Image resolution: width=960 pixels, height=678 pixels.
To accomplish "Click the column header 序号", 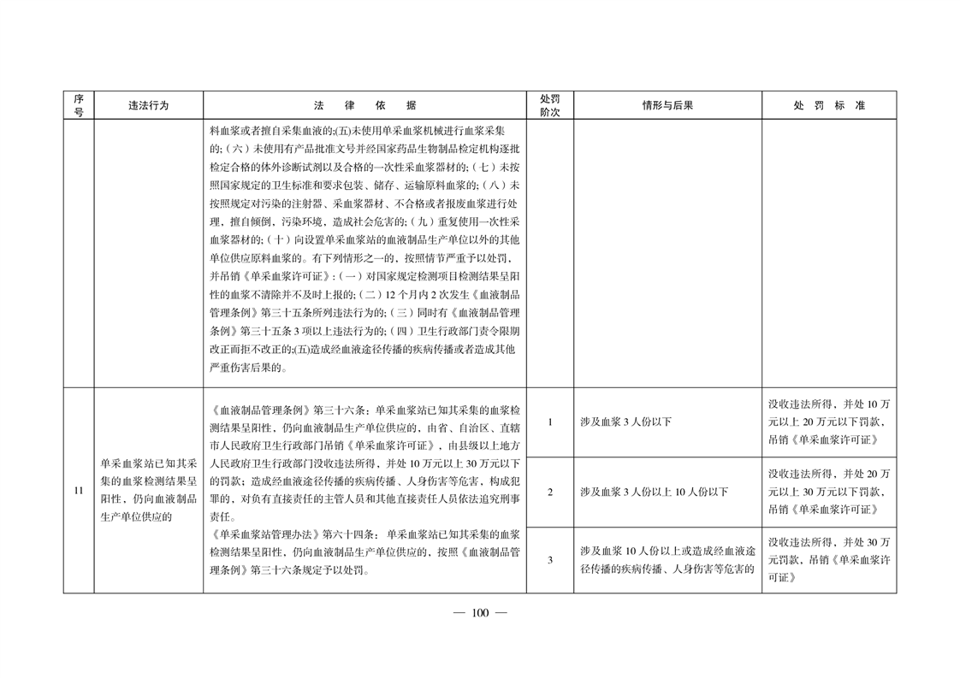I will (x=78, y=105).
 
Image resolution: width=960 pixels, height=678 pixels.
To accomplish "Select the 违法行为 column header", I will (x=149, y=105).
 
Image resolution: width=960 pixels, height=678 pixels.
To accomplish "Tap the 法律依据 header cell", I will (x=364, y=105).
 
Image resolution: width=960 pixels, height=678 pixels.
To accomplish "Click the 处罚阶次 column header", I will (x=549, y=105).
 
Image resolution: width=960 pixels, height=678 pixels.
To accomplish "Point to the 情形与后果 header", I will (x=667, y=105).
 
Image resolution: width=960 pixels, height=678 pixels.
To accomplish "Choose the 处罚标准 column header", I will (x=829, y=105).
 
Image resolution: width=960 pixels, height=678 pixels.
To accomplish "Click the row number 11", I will (x=78, y=491).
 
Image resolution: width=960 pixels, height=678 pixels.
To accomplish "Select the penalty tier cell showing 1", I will (x=549, y=422).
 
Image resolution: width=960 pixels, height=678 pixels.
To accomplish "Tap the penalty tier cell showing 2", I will (x=549, y=492).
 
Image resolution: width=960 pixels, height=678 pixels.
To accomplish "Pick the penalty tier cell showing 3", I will (x=549, y=560).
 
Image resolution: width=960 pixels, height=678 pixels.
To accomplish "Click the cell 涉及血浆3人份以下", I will (x=625, y=422).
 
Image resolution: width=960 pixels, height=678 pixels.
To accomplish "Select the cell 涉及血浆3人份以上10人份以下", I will (x=654, y=492).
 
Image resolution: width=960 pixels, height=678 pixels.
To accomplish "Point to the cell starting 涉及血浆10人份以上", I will (x=667, y=560).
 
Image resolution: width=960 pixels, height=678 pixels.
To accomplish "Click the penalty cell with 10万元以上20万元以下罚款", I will (x=829, y=422).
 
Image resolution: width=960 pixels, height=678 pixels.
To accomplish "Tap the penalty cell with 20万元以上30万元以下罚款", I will (x=829, y=492).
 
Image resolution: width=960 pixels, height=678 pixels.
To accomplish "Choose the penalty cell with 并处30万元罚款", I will (x=829, y=560).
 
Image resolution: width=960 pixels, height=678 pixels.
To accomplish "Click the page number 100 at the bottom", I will (x=479, y=612).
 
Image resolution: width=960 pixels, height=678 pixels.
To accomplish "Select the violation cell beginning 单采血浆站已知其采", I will (x=149, y=487).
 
